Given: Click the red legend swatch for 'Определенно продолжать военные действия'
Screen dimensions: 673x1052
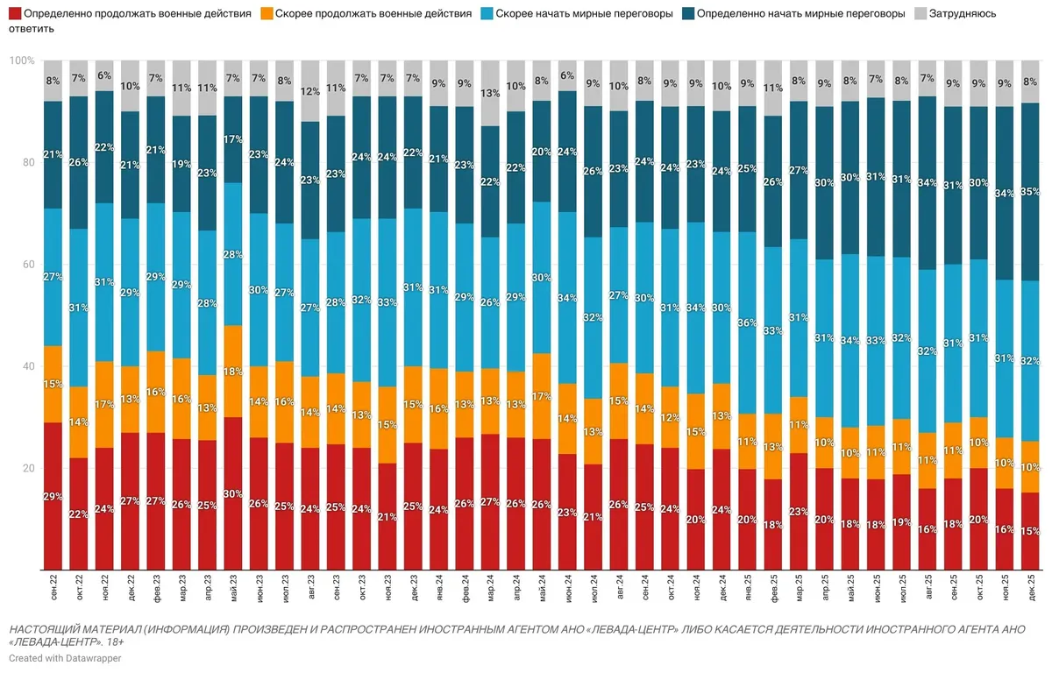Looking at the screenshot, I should (16, 14).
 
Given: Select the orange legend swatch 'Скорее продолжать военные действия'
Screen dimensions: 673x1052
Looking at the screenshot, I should (268, 14).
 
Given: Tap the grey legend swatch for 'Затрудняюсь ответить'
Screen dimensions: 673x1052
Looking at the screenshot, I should (920, 14).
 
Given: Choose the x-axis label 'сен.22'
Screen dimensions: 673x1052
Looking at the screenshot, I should (53, 589).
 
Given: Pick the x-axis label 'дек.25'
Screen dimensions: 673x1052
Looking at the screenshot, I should (1032, 589).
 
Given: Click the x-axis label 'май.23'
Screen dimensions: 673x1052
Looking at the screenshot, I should (233, 589).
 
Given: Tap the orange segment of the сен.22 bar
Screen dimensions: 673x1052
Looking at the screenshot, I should (53, 384).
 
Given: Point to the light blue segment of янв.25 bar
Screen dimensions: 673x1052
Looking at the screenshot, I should (748, 322).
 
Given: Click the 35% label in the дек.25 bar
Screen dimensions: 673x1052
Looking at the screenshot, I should (1032, 191).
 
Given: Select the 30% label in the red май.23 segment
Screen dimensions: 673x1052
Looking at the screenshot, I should (233, 492).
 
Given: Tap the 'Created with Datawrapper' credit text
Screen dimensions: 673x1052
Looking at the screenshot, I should (66, 657).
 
